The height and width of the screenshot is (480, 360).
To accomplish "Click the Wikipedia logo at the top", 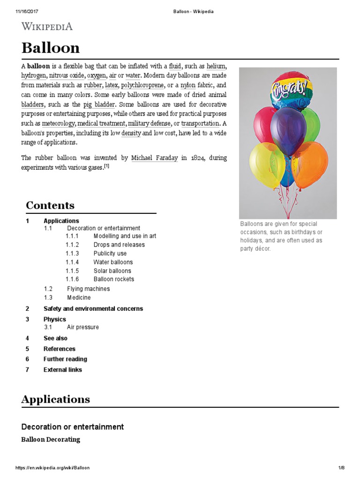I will tap(47, 26).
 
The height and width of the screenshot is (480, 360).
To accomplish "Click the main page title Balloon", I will tap(51, 48).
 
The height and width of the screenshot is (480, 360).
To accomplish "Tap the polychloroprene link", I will tap(140, 85).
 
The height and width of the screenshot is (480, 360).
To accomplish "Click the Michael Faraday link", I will tap(154, 158).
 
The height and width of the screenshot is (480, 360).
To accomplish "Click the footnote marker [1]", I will tap(106, 166).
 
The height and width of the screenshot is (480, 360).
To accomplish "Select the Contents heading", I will tap(50, 205).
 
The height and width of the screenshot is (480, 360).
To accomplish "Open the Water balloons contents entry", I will tap(113, 262).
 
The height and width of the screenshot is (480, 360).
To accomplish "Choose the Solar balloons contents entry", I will tap(112, 271).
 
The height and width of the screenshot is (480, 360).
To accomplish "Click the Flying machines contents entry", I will tap(88, 289).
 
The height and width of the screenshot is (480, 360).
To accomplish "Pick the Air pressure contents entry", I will tap(83, 327).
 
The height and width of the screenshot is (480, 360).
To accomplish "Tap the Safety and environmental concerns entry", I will tap(93, 308).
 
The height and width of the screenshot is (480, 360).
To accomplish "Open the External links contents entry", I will tap(62, 370).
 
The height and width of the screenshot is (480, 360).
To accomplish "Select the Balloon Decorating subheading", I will tap(51, 440).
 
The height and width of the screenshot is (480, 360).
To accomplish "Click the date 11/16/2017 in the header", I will tap(27, 12).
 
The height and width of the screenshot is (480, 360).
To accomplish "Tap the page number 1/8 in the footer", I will tap(341, 468).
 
